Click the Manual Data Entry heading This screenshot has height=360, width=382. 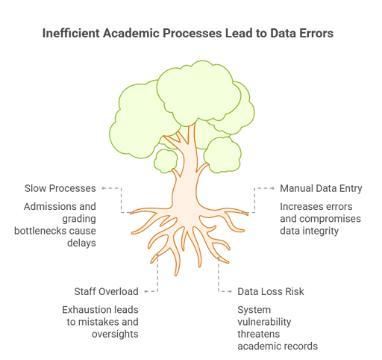[x=319, y=188]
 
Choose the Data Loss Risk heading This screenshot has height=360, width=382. [x=270, y=291]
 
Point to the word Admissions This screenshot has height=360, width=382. [x=51, y=206]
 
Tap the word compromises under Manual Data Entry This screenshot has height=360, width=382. [x=329, y=219]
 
